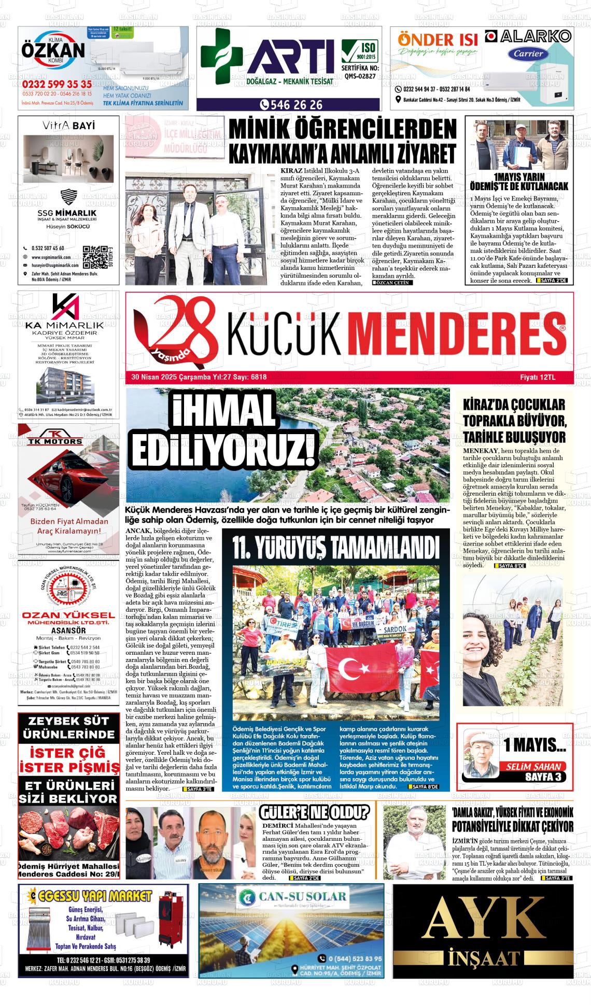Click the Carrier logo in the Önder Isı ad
(x=529, y=53)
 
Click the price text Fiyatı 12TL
(x=538, y=377)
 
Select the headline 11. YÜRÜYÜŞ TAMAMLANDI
(x=334, y=548)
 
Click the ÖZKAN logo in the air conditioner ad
(x=53, y=51)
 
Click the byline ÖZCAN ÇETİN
(x=393, y=283)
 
